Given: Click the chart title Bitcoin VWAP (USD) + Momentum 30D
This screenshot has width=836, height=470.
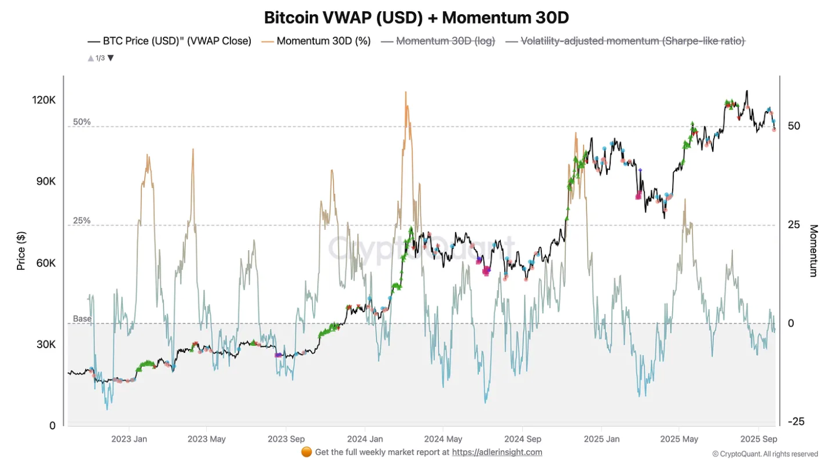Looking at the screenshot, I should pos(416,17).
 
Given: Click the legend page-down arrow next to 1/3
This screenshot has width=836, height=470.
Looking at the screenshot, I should pos(111,58).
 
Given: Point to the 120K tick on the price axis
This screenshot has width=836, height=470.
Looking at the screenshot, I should pos(44,100).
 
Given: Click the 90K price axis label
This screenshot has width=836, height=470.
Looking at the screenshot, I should pos(46,181).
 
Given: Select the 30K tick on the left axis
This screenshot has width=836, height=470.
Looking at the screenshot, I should pos(46,344).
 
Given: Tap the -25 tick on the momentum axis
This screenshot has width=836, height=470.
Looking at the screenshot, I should pos(795,422).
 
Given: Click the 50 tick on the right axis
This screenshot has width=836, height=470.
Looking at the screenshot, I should pos(794,126).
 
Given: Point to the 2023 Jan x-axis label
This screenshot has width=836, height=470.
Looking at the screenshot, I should pos(129,439).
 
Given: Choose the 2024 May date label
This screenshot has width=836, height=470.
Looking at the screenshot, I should pos(443,439).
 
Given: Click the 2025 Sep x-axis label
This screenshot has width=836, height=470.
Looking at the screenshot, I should pos(758,439).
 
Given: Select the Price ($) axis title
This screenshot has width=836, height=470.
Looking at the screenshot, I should pos(21,251).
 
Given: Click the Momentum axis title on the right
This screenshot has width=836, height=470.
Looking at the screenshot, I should pos(813,251).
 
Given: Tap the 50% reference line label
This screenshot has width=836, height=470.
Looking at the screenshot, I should pos(82,122).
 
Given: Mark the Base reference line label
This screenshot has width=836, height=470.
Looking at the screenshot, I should pos(82,319).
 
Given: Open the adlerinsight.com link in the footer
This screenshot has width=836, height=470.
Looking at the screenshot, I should pos(497,452).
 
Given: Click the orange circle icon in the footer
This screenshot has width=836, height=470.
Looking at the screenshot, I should pos(306,452).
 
